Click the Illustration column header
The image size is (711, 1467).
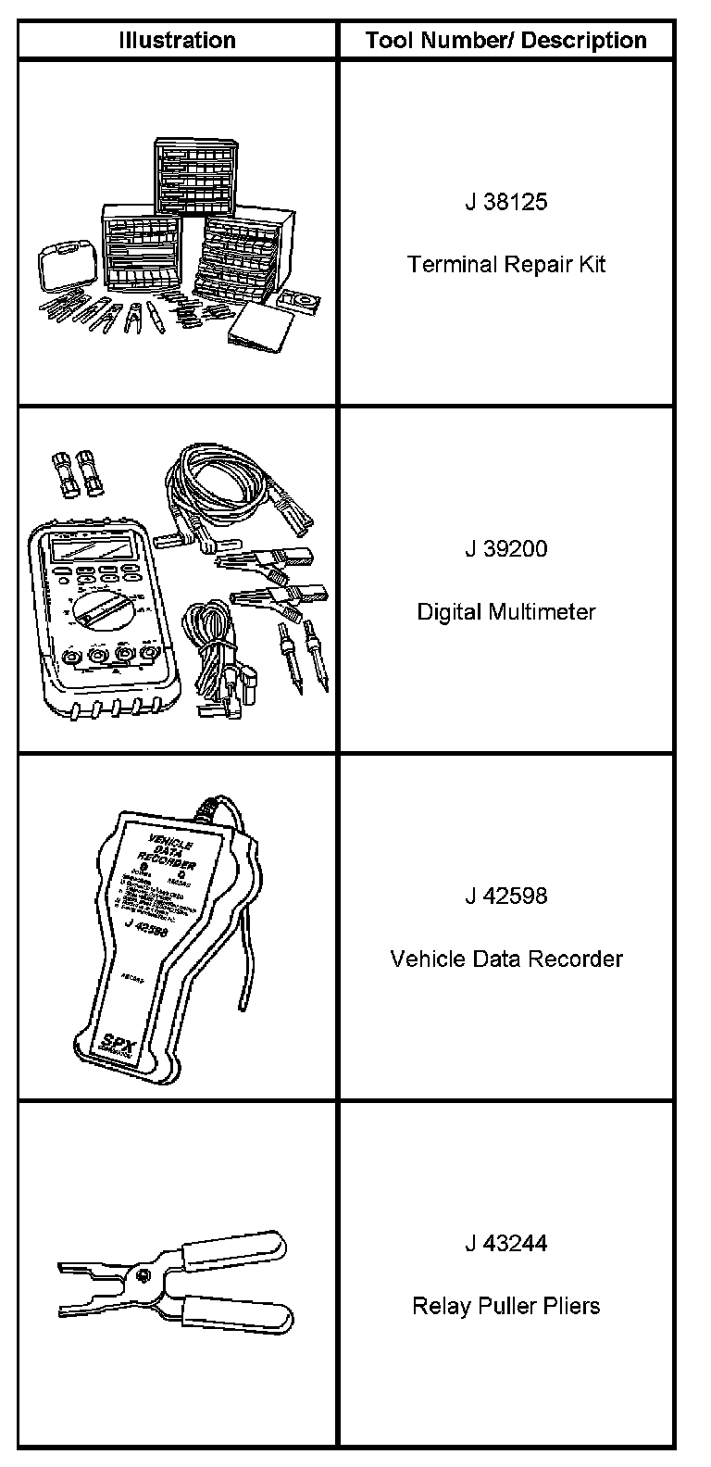(x=177, y=40)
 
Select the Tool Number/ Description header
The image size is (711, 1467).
(x=505, y=40)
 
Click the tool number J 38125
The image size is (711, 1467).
(x=505, y=202)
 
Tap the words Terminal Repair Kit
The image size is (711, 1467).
(x=505, y=264)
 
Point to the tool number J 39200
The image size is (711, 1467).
(x=505, y=548)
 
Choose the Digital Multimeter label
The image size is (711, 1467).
(x=505, y=611)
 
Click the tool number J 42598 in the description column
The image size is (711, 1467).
(x=505, y=896)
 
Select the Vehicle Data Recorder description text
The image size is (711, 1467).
(x=505, y=958)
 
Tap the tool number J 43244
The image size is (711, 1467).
(x=505, y=1243)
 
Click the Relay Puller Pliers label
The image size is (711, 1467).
(x=505, y=1306)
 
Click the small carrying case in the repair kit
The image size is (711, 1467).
(x=64, y=270)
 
